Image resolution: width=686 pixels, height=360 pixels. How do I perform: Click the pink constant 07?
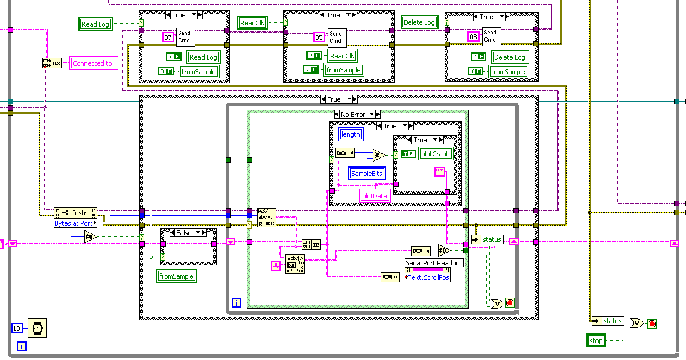[168, 37]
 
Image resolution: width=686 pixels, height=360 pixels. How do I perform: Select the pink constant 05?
[318, 37]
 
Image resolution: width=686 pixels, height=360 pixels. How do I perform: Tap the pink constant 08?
[474, 37]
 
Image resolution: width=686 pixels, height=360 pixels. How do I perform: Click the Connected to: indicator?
[94, 63]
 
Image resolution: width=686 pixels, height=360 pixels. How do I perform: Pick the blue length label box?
[351, 135]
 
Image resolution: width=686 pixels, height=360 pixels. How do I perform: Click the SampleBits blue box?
[367, 174]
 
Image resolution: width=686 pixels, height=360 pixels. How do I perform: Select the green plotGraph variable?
[436, 154]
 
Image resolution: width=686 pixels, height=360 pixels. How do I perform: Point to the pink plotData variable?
[375, 195]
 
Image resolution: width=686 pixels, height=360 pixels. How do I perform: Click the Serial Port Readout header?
[434, 263]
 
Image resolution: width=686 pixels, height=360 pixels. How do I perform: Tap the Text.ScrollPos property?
[428, 277]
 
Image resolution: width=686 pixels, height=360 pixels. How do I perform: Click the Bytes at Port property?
[74, 223]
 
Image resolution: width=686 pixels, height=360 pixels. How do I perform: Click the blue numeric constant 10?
[17, 328]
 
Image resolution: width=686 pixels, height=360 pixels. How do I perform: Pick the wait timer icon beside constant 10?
[37, 329]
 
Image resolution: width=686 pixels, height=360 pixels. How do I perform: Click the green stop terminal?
[596, 341]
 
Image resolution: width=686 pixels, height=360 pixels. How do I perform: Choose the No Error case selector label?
[357, 115]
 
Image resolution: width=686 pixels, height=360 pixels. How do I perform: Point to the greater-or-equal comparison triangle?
[378, 156]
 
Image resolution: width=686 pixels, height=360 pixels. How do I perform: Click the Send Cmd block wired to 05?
[335, 37]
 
